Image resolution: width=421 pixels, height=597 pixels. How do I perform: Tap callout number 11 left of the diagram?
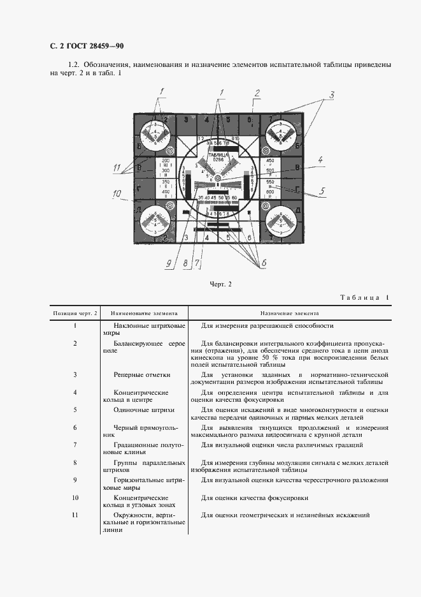[117, 168]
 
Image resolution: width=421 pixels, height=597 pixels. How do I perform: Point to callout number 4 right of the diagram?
[322, 159]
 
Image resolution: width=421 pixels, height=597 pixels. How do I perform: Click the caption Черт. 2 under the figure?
[220, 284]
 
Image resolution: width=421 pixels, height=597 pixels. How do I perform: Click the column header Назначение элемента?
[290, 313]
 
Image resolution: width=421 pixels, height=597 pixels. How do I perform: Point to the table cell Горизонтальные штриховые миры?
[145, 483]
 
